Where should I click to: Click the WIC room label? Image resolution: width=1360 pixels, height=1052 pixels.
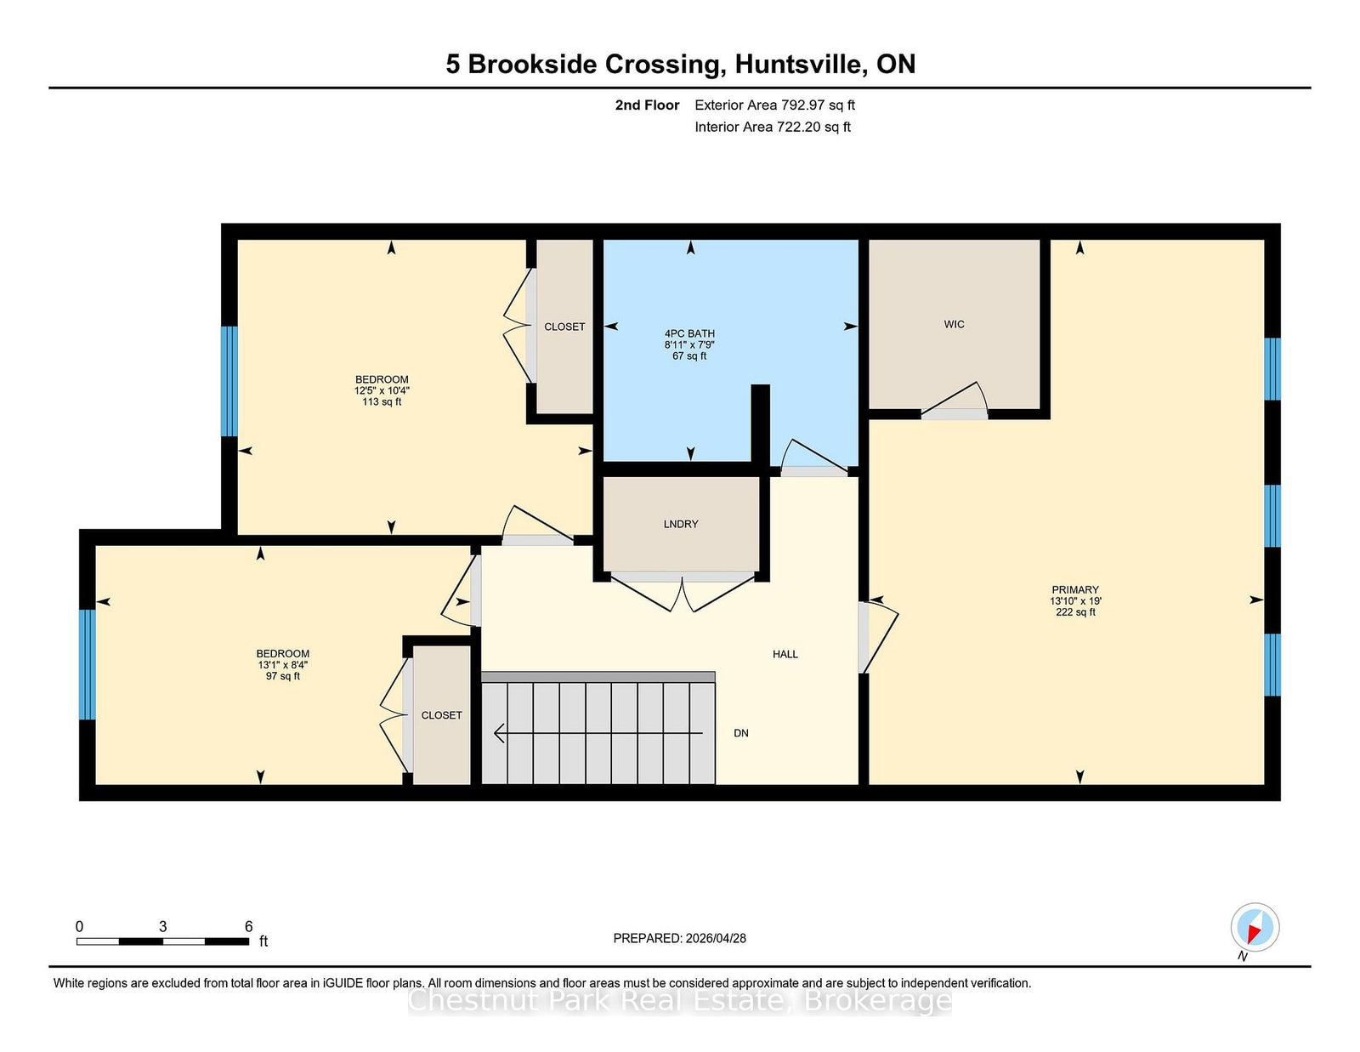[954, 324]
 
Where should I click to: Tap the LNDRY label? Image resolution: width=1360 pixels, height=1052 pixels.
[680, 524]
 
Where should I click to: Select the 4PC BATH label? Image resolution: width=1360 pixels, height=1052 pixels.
[689, 333]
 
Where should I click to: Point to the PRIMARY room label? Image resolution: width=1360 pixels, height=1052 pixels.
[1075, 590]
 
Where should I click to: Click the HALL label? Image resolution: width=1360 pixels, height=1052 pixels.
[785, 654]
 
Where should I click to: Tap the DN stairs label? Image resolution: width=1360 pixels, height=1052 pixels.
[741, 733]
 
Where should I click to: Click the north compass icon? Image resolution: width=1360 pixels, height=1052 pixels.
[1255, 927]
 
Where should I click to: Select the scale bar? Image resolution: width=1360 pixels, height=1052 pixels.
[162, 941]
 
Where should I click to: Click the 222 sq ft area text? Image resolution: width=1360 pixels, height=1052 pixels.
[1075, 612]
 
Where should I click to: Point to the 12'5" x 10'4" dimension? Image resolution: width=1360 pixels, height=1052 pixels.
[382, 390]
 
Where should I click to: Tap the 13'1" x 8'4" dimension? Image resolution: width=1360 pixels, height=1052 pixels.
[283, 665]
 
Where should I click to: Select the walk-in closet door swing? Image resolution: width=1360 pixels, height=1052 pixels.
[955, 399]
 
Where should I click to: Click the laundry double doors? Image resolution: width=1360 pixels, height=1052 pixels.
[682, 592]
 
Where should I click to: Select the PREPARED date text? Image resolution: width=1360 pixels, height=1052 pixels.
[680, 939]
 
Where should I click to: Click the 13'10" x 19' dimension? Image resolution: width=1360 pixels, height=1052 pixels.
[1075, 601]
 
